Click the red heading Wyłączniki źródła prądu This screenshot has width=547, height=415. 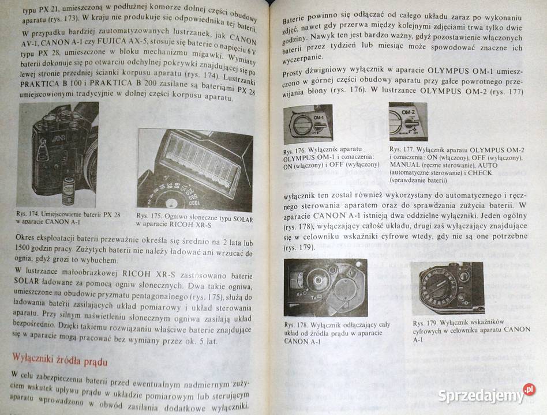point(59,360)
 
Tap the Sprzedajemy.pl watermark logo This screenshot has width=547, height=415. point(486,395)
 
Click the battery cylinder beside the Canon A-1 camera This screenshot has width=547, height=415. point(68,190)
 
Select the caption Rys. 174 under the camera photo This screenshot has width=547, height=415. point(68,218)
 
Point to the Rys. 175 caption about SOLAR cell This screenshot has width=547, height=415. point(194,220)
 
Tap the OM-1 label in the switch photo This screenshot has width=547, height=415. point(319,118)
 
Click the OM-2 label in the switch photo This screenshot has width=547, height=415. point(408,112)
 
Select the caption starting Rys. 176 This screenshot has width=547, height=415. point(331,158)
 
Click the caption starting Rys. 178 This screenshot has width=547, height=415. point(337,333)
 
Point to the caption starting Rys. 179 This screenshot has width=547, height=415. point(471,330)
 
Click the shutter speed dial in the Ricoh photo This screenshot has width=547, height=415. point(173,197)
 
